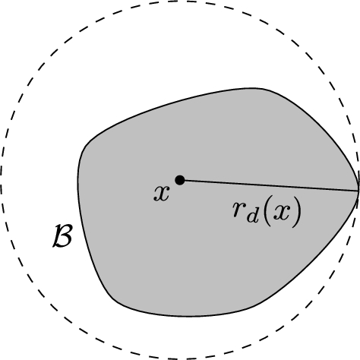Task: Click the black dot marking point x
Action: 180,180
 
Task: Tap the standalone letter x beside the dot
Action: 161,194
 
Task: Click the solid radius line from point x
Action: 228,182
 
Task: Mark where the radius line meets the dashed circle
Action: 358,189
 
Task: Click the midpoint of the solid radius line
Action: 269,185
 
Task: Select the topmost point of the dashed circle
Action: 180,2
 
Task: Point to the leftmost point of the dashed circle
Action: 2,180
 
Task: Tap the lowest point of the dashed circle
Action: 180,358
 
